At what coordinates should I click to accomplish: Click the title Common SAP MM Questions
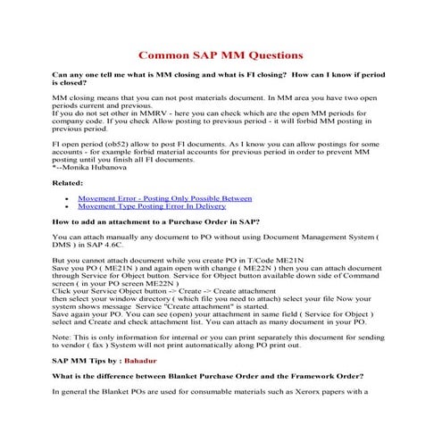[x=221, y=54]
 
